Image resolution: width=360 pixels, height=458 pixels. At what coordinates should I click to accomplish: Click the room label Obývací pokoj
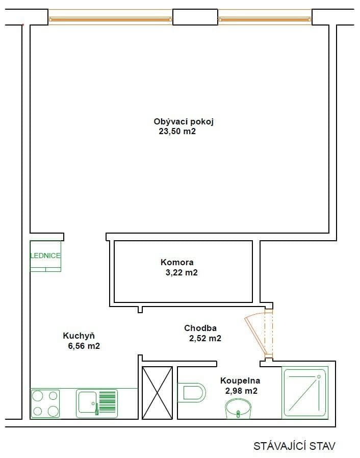point(183,121)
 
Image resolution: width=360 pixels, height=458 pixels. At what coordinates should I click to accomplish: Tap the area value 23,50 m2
point(177,132)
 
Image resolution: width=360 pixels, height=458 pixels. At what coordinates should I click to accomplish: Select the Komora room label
point(177,263)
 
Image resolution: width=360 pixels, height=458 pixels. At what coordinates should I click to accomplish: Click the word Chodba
point(200,328)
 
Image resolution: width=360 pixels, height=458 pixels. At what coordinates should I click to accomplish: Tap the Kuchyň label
point(79,336)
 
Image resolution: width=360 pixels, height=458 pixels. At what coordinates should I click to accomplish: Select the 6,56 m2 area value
point(83,346)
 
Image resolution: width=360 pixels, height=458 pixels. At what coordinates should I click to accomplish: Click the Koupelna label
point(240,380)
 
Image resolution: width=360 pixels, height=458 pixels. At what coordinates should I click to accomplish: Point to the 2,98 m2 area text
point(241,391)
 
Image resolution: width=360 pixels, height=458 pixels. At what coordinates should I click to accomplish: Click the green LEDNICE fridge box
point(45,256)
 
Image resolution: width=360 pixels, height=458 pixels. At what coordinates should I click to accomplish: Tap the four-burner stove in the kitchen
point(45,403)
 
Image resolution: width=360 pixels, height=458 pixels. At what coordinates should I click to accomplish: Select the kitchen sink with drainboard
point(97,403)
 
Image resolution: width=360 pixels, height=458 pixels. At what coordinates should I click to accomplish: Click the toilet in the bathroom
point(193,392)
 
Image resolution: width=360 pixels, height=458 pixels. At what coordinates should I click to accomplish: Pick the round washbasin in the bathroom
point(239,408)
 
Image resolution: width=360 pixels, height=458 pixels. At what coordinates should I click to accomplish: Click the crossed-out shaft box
point(157,393)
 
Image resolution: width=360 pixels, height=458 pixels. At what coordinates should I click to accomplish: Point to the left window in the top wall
point(111,20)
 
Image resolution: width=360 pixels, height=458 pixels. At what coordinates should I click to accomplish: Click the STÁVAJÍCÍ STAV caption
point(294,446)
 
